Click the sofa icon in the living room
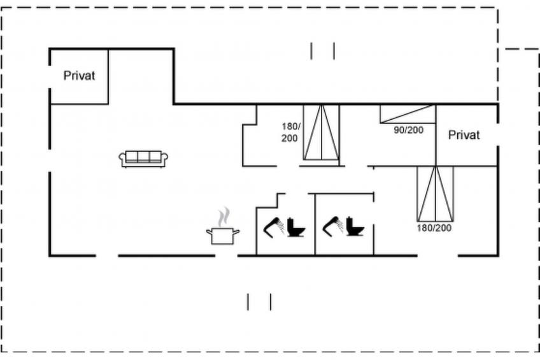click(x=143, y=159)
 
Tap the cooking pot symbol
click(x=223, y=236)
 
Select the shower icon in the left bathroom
click(x=274, y=226)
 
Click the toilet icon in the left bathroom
click(x=296, y=227)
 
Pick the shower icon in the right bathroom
click(x=332, y=226)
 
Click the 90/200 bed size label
click(x=408, y=130)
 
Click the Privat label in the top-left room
click(x=79, y=76)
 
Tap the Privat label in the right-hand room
click(x=464, y=135)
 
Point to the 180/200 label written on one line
click(x=434, y=228)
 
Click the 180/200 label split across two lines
click(x=290, y=133)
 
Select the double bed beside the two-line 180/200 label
click(x=322, y=133)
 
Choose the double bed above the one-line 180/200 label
click(x=436, y=194)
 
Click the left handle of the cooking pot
click(x=209, y=232)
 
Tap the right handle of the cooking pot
click(x=237, y=232)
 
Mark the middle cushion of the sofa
click(x=143, y=156)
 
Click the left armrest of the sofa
click(x=122, y=159)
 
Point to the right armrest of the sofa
click(x=165, y=159)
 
